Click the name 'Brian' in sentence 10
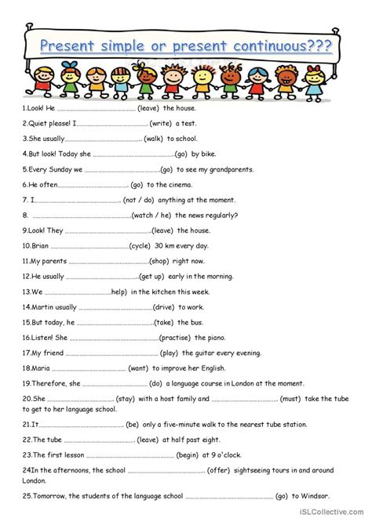[x=42, y=245]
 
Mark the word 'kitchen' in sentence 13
[x=170, y=291]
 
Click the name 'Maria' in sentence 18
[x=42, y=367]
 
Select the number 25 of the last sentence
[x=27, y=496]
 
